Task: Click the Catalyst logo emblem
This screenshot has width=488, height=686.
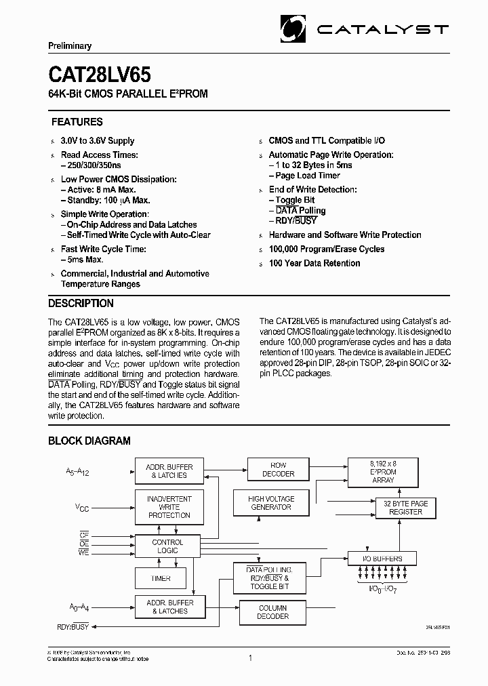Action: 294,29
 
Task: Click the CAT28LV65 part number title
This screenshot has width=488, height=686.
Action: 99,73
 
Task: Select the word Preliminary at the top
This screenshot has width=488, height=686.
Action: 70,46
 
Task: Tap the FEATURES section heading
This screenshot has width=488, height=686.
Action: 77,122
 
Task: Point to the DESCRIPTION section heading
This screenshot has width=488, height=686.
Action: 81,303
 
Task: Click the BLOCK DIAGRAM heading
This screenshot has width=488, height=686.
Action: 89,441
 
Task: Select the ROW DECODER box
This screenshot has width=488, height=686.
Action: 279,470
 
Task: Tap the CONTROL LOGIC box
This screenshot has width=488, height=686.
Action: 167,546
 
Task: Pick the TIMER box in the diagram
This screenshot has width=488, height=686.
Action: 161,578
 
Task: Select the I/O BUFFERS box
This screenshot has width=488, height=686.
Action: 383,559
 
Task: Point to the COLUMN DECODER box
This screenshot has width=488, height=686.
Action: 272,612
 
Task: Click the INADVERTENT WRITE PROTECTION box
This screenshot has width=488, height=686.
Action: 169,507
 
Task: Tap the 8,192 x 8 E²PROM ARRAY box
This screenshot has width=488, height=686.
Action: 383,470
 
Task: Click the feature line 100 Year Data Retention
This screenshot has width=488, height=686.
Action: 315,263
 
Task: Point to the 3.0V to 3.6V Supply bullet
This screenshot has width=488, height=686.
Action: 98,141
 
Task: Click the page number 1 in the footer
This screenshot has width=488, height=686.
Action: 251,658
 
